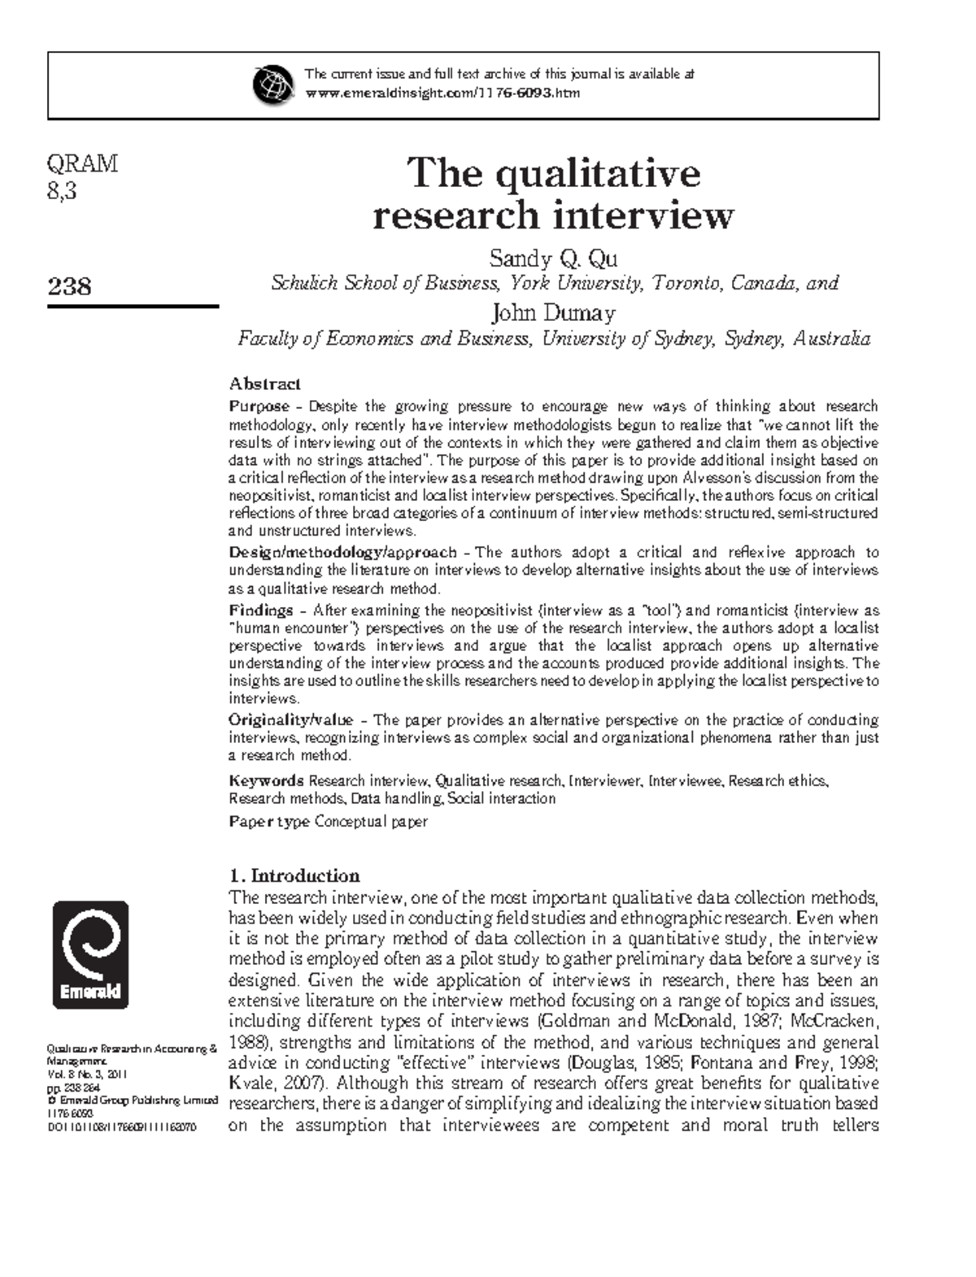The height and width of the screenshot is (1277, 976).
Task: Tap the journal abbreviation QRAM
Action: (x=82, y=164)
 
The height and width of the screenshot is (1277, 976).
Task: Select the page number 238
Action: (x=69, y=286)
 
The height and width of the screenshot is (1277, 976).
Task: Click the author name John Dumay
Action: (x=553, y=313)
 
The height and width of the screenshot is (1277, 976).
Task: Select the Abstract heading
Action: (x=265, y=384)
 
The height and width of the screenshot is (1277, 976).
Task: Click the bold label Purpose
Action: (x=259, y=406)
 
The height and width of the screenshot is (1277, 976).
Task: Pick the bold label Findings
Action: (x=260, y=610)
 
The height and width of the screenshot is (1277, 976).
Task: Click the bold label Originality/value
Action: (x=290, y=720)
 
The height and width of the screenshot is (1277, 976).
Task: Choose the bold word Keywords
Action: (x=267, y=781)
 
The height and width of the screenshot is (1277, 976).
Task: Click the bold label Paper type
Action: (x=269, y=822)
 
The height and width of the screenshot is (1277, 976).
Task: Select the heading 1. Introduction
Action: (x=294, y=875)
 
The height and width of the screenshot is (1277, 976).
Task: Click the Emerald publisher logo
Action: (x=90, y=954)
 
